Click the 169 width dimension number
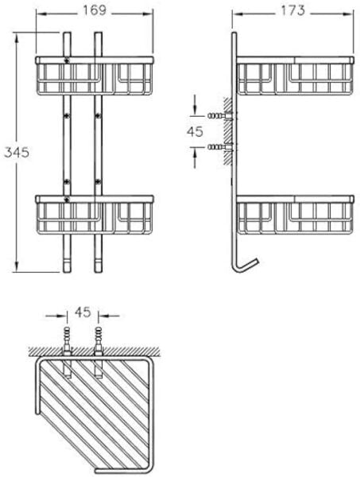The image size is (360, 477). pyautogui.click(x=95, y=10)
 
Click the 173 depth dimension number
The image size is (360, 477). pyautogui.click(x=292, y=10)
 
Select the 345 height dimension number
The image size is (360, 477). pyautogui.click(x=17, y=152)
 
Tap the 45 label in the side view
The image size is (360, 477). pyautogui.click(x=195, y=131)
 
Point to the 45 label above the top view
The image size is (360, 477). pyautogui.click(x=83, y=312)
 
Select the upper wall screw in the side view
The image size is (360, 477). pyautogui.click(x=220, y=115)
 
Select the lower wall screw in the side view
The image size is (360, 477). pyautogui.click(x=220, y=147)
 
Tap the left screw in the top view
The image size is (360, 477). pyautogui.click(x=67, y=341)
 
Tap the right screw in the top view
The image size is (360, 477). pyautogui.click(x=99, y=341)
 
